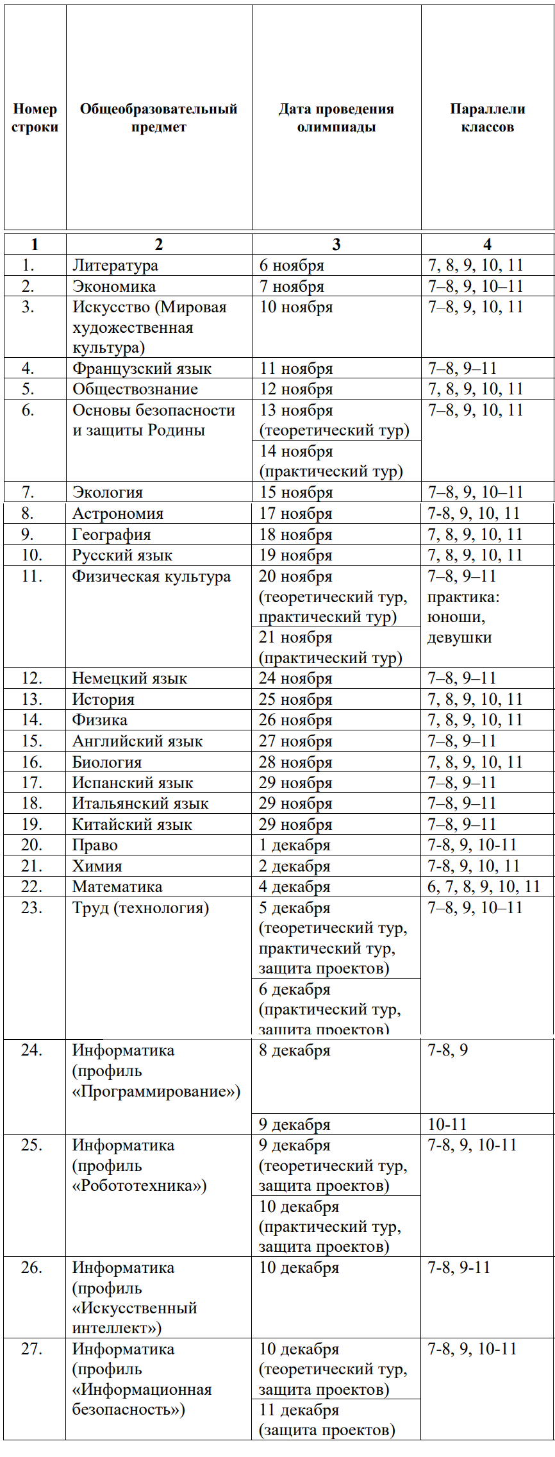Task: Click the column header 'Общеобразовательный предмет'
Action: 158,118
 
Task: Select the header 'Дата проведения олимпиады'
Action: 336,118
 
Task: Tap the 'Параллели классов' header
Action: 487,118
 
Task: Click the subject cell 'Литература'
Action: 115,265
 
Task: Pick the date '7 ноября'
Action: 292,287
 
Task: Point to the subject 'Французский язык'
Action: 142,369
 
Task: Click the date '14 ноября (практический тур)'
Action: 331,461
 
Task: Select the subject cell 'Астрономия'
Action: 118,514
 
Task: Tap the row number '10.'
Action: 32,555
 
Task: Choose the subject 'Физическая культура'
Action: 151,577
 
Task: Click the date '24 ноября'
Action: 295,678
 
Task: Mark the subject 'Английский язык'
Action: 137,741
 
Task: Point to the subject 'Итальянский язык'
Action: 140,804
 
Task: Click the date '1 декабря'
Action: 294,845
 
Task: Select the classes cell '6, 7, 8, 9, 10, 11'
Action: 484,887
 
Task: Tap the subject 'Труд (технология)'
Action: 140,908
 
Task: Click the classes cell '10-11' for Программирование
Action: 447,1124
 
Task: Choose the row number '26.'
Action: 32,1268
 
